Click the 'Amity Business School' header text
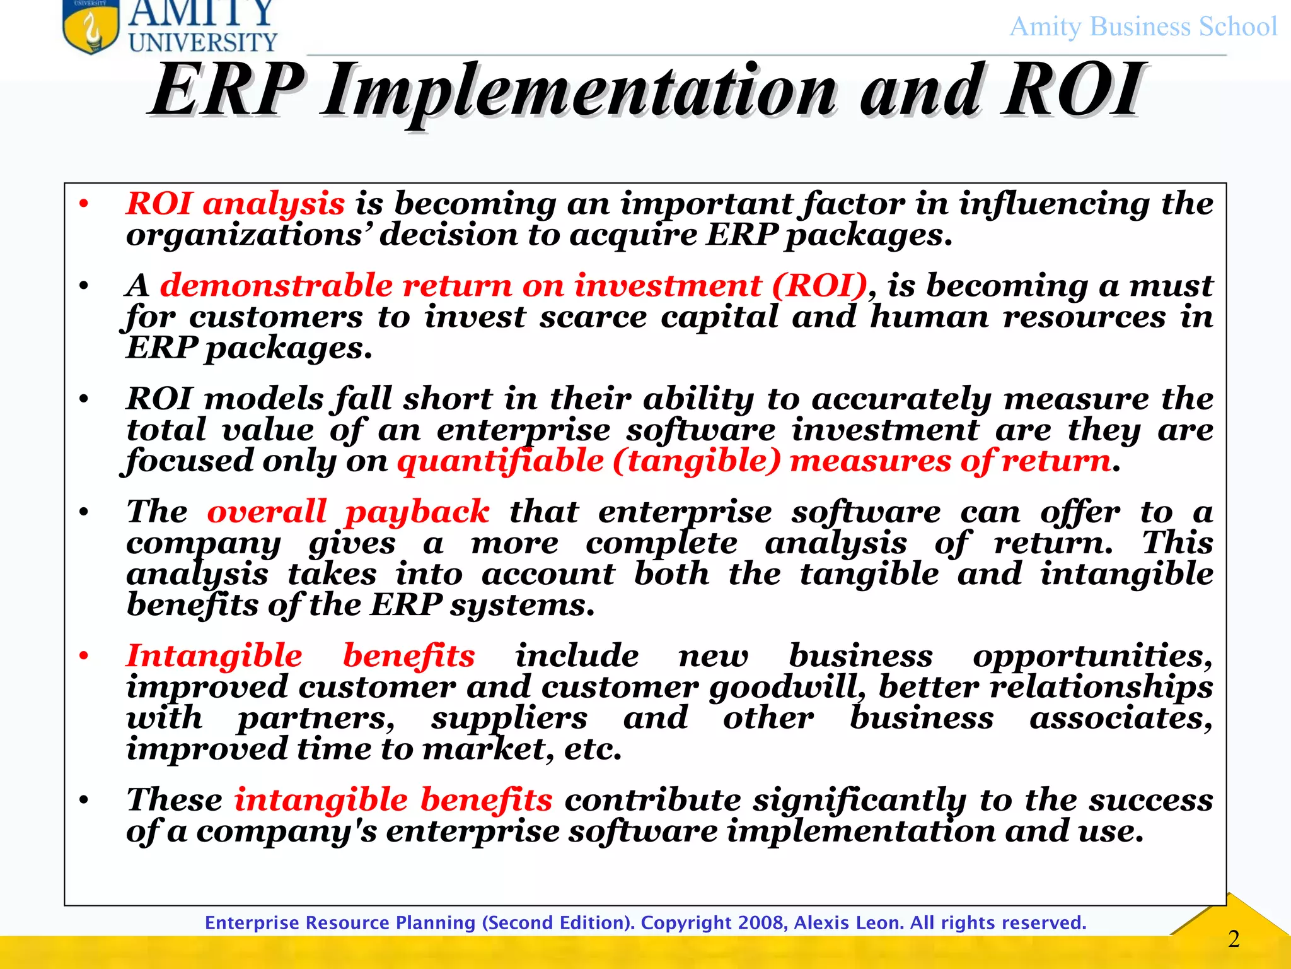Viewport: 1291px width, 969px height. (x=1143, y=27)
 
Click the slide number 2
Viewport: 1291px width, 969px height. (x=1234, y=939)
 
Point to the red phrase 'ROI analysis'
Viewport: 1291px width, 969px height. (x=235, y=204)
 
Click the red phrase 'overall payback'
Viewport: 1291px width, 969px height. (x=348, y=512)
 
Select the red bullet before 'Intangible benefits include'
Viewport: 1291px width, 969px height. (x=84, y=656)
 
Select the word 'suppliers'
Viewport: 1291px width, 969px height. (x=509, y=719)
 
